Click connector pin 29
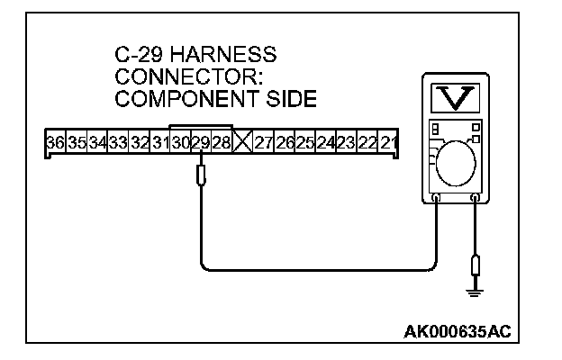click(x=200, y=143)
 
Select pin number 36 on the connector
click(x=55, y=143)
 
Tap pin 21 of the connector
click(x=389, y=143)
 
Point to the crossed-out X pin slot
click(x=242, y=143)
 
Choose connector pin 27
click(x=264, y=143)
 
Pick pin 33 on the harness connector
click(x=117, y=143)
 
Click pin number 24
click(x=326, y=143)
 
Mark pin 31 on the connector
click(x=159, y=143)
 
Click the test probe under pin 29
click(x=200, y=173)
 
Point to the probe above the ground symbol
click(x=476, y=266)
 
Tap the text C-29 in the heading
click(x=140, y=56)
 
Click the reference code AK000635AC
click(x=457, y=331)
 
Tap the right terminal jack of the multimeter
click(x=476, y=197)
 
